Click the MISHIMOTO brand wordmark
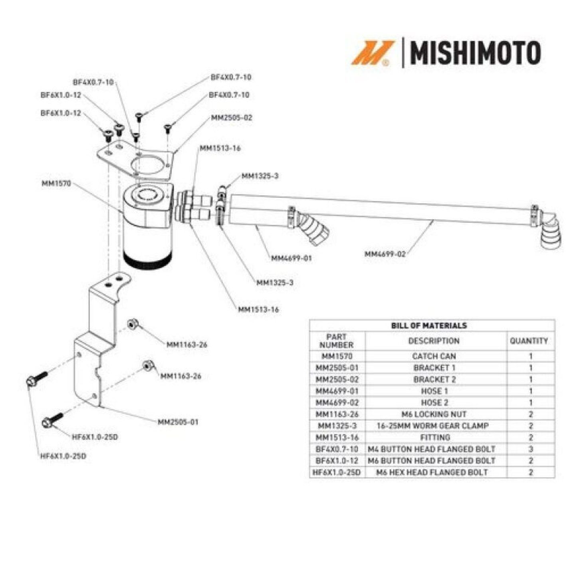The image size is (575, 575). coord(476,53)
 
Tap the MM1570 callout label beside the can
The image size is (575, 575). coord(56,183)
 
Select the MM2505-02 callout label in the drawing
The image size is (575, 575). coord(232,117)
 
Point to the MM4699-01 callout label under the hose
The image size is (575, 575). coord(291,258)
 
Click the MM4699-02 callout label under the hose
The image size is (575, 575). coord(385,254)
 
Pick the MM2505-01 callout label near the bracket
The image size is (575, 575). coord(178,422)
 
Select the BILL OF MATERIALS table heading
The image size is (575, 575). coord(429,325)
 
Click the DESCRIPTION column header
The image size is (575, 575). coord(434,341)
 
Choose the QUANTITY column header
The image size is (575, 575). coord(529,341)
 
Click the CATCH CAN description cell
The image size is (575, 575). coord(434,356)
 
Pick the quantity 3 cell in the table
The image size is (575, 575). coord(531,449)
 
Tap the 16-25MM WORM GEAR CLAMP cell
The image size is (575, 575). coord(433,426)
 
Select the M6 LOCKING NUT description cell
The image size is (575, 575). coord(434,414)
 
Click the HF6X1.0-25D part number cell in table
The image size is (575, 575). coord(337,472)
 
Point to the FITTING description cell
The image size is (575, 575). coord(435,438)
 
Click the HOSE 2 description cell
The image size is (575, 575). coord(434,402)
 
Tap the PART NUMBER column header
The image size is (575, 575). coord(336,341)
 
